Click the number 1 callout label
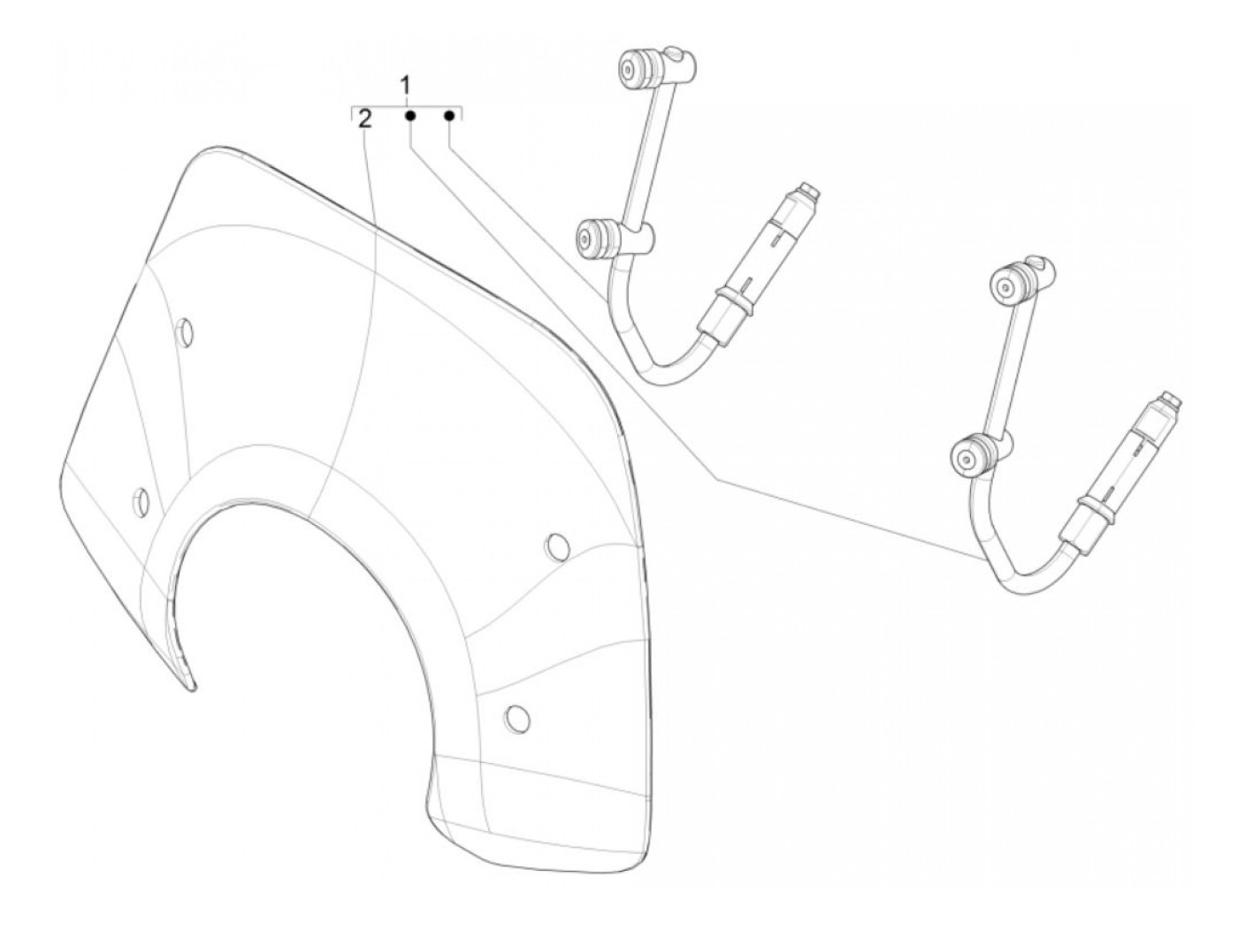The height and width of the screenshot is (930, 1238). pos(406,87)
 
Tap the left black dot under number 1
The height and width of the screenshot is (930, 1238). pos(410,116)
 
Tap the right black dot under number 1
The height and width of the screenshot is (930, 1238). pos(449,116)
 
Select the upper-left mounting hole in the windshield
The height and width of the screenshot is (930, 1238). pos(186,332)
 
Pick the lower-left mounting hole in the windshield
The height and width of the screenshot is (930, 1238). pos(139,500)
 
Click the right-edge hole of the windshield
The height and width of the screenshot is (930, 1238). pos(557,546)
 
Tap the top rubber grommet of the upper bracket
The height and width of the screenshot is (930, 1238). pos(634,68)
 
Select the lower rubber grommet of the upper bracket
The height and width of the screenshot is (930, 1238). pos(590,239)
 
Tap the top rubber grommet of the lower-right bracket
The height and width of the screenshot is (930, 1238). pos(1008,284)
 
